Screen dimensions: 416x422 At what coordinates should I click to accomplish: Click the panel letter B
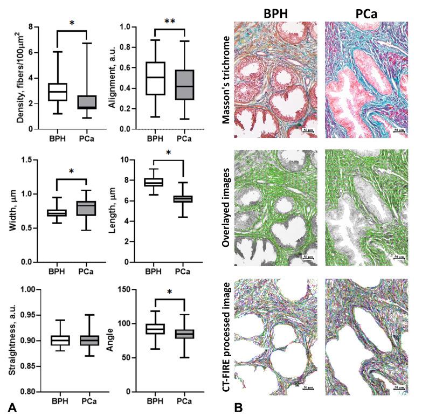[x=239, y=408]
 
